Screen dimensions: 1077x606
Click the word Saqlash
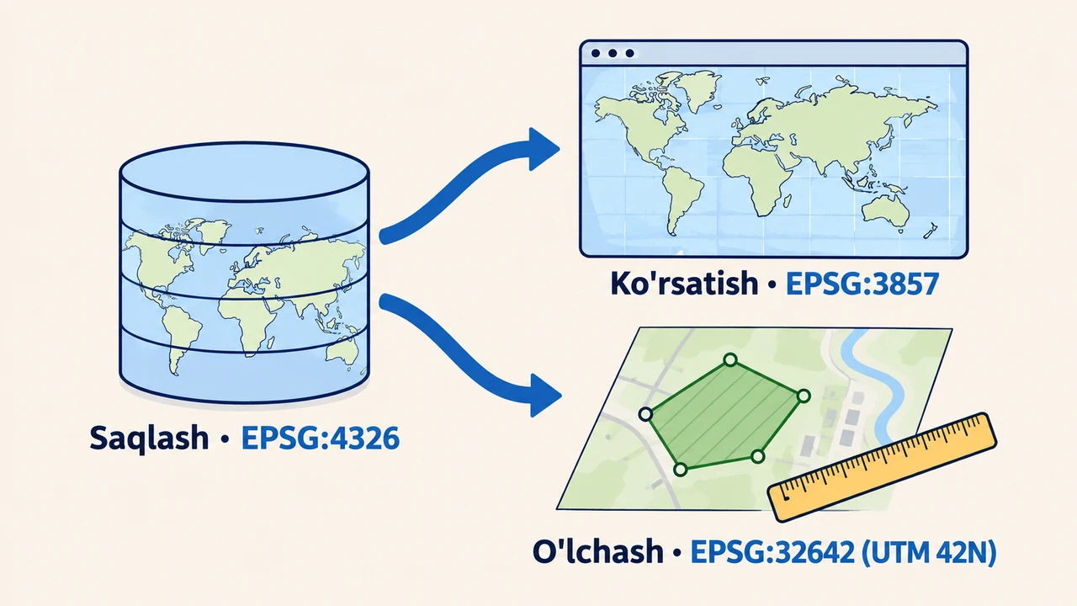[x=149, y=439]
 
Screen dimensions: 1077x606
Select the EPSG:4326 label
[x=321, y=438]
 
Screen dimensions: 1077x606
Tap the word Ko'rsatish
[x=685, y=283]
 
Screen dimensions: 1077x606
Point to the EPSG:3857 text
[x=862, y=284]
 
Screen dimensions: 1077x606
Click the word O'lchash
[x=598, y=551]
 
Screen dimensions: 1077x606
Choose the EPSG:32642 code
[x=772, y=551]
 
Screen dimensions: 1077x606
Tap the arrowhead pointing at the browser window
[x=544, y=149]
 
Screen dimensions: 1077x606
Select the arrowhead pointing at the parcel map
[x=544, y=396]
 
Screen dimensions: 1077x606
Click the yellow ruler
[x=882, y=467]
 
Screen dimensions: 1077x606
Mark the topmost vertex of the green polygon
[x=730, y=359]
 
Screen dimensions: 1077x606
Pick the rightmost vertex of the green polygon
[x=804, y=396]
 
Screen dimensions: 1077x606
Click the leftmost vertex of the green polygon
[x=645, y=414]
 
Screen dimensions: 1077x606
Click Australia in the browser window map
[x=886, y=212]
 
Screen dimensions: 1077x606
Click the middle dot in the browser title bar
[x=613, y=53]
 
